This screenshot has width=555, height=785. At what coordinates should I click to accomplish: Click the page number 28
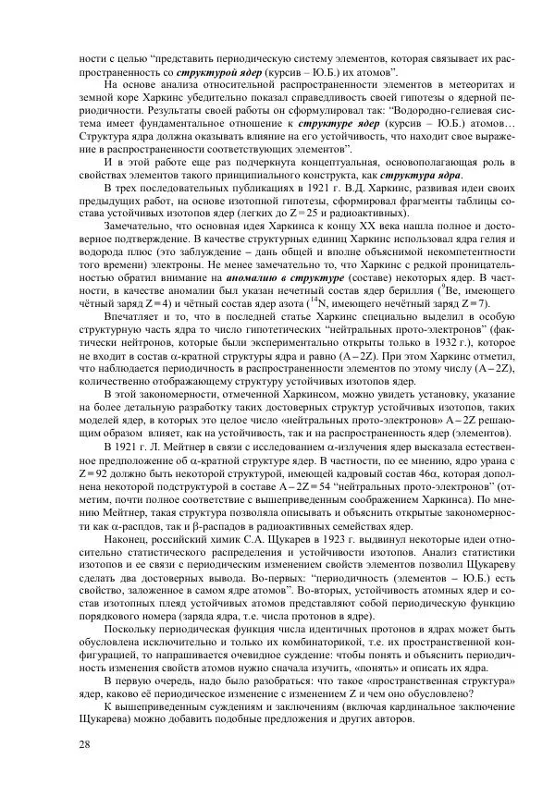point(85,746)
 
